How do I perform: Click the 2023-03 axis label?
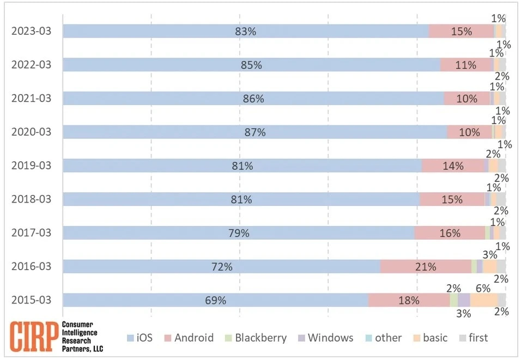31,31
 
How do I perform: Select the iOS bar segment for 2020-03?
255,132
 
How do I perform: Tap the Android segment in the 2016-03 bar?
425,266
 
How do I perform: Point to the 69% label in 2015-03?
215,300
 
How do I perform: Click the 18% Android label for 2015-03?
408,300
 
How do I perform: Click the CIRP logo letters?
34,338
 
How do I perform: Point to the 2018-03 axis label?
31,199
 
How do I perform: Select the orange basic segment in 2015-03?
483,300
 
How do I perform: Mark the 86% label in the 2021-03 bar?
253,99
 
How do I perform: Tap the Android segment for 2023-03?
461,31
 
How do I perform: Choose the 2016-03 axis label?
31,266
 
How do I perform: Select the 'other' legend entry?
383,338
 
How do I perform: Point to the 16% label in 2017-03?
450,233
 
